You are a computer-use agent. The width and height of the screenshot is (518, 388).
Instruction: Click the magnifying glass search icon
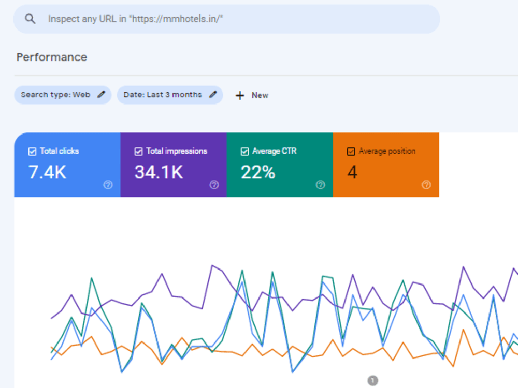click(30, 19)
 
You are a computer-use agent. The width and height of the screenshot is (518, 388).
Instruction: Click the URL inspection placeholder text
click(135, 19)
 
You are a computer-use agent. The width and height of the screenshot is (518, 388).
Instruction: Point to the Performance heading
click(52, 57)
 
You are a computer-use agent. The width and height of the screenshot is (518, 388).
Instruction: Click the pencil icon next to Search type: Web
click(102, 94)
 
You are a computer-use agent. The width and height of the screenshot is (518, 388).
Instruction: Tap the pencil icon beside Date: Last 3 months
click(213, 94)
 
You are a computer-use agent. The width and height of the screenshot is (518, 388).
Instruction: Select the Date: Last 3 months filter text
click(163, 95)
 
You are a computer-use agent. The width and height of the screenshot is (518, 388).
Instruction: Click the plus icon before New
click(240, 95)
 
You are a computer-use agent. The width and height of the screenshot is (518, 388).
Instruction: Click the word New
click(260, 95)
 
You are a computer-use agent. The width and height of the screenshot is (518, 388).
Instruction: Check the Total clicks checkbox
click(32, 152)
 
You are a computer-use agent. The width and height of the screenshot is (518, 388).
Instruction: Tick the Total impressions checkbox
click(138, 152)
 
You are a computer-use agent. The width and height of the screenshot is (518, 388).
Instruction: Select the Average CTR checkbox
click(245, 152)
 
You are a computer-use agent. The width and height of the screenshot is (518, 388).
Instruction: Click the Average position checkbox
click(351, 152)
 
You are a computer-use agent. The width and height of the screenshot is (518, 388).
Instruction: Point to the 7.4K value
click(48, 172)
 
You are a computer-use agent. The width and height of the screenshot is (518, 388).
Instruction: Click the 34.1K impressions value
click(159, 172)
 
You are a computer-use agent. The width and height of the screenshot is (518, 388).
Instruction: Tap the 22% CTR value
click(258, 172)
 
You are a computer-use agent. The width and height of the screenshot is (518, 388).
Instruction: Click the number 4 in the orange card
click(352, 172)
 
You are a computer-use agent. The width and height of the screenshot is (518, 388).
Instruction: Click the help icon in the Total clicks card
click(108, 185)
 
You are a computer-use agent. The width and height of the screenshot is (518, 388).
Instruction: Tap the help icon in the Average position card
click(426, 185)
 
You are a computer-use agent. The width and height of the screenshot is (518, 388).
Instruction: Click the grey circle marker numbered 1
click(372, 380)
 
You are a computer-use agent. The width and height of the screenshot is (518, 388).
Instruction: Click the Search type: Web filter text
click(55, 95)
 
